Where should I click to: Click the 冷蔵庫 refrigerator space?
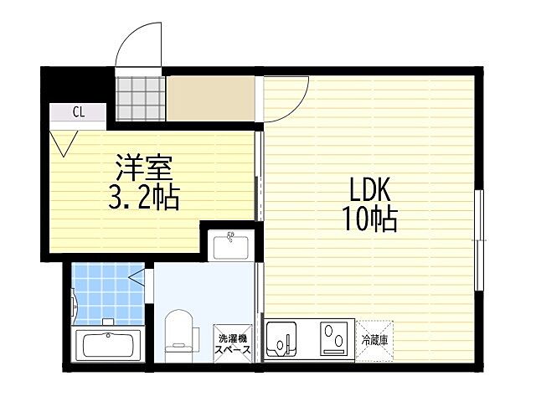(374, 340)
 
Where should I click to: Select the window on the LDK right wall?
(479, 240)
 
